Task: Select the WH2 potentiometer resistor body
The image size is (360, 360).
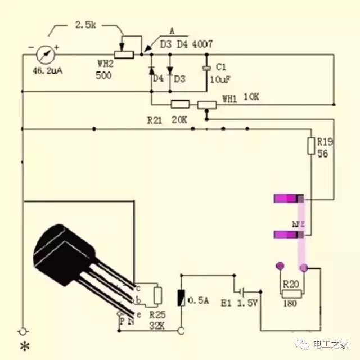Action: [x=124, y=55]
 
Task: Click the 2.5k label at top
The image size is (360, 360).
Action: [x=88, y=25]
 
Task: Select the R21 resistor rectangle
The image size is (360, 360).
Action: [x=180, y=104]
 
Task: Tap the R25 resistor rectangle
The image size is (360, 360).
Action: [x=158, y=295]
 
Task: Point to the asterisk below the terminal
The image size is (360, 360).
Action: [x=24, y=345]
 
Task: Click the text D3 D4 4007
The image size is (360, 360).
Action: [x=187, y=43]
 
